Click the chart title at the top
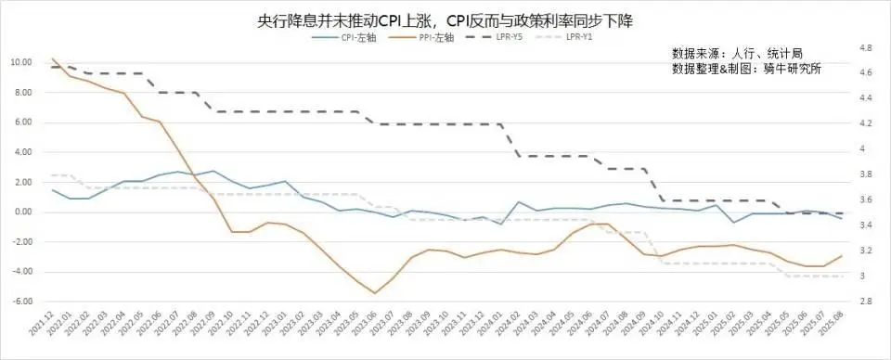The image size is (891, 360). tap(445, 19)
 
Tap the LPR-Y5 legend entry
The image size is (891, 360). tap(507, 37)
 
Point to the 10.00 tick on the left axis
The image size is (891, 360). tap(21, 62)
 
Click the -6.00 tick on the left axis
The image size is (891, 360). tap(21, 302)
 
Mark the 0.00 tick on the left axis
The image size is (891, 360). tap(23, 212)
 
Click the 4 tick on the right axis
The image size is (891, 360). tap(863, 148)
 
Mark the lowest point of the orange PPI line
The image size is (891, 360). tap(375, 293)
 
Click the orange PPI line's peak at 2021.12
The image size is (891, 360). tap(53, 58)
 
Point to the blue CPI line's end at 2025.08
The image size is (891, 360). tap(839, 218)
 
